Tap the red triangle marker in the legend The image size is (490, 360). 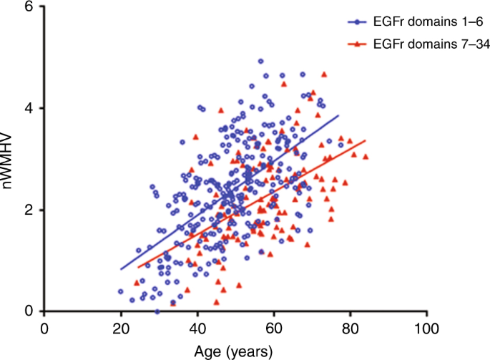click(x=358, y=44)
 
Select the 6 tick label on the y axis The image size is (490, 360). click(x=29, y=6)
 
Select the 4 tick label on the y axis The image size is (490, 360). click(x=29, y=108)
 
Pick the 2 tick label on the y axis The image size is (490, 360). click(x=29, y=210)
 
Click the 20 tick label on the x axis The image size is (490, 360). click(x=121, y=327)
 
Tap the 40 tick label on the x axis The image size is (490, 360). click(x=197, y=327)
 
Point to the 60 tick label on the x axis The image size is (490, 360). click(x=274, y=327)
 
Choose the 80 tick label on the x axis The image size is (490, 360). click(x=351, y=327)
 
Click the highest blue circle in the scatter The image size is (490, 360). click(x=261, y=62)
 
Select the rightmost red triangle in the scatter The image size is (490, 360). click(x=366, y=157)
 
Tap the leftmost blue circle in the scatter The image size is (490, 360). click(x=121, y=292)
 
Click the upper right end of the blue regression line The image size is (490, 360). click(x=338, y=115)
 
